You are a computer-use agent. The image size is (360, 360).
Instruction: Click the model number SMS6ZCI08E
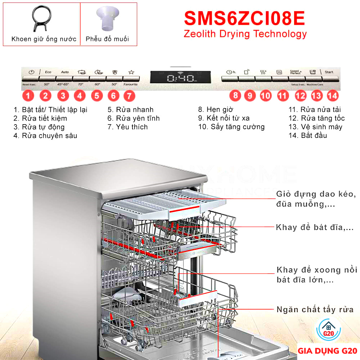[244, 18]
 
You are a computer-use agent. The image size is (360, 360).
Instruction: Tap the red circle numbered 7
[129, 96]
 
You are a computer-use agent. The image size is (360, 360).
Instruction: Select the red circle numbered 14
[333, 96]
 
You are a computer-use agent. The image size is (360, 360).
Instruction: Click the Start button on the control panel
[329, 72]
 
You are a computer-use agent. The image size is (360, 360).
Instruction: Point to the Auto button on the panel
[65, 72]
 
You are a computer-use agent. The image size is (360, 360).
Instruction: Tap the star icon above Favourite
[131, 72]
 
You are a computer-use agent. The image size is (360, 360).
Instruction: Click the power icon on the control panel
[31, 72]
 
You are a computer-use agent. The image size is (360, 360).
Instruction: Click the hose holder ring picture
[40, 19]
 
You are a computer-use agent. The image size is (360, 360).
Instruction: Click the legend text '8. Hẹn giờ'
[216, 109]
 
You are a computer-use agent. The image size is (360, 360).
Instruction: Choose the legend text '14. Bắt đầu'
[308, 135]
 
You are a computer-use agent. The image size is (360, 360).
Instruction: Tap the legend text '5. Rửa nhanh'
[130, 109]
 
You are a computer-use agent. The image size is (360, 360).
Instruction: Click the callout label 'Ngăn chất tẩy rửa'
[315, 309]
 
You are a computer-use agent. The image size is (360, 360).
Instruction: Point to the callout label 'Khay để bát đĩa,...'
[315, 227]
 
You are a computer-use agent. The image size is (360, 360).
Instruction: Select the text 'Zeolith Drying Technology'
[245, 34]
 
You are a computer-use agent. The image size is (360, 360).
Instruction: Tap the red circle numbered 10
[266, 96]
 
